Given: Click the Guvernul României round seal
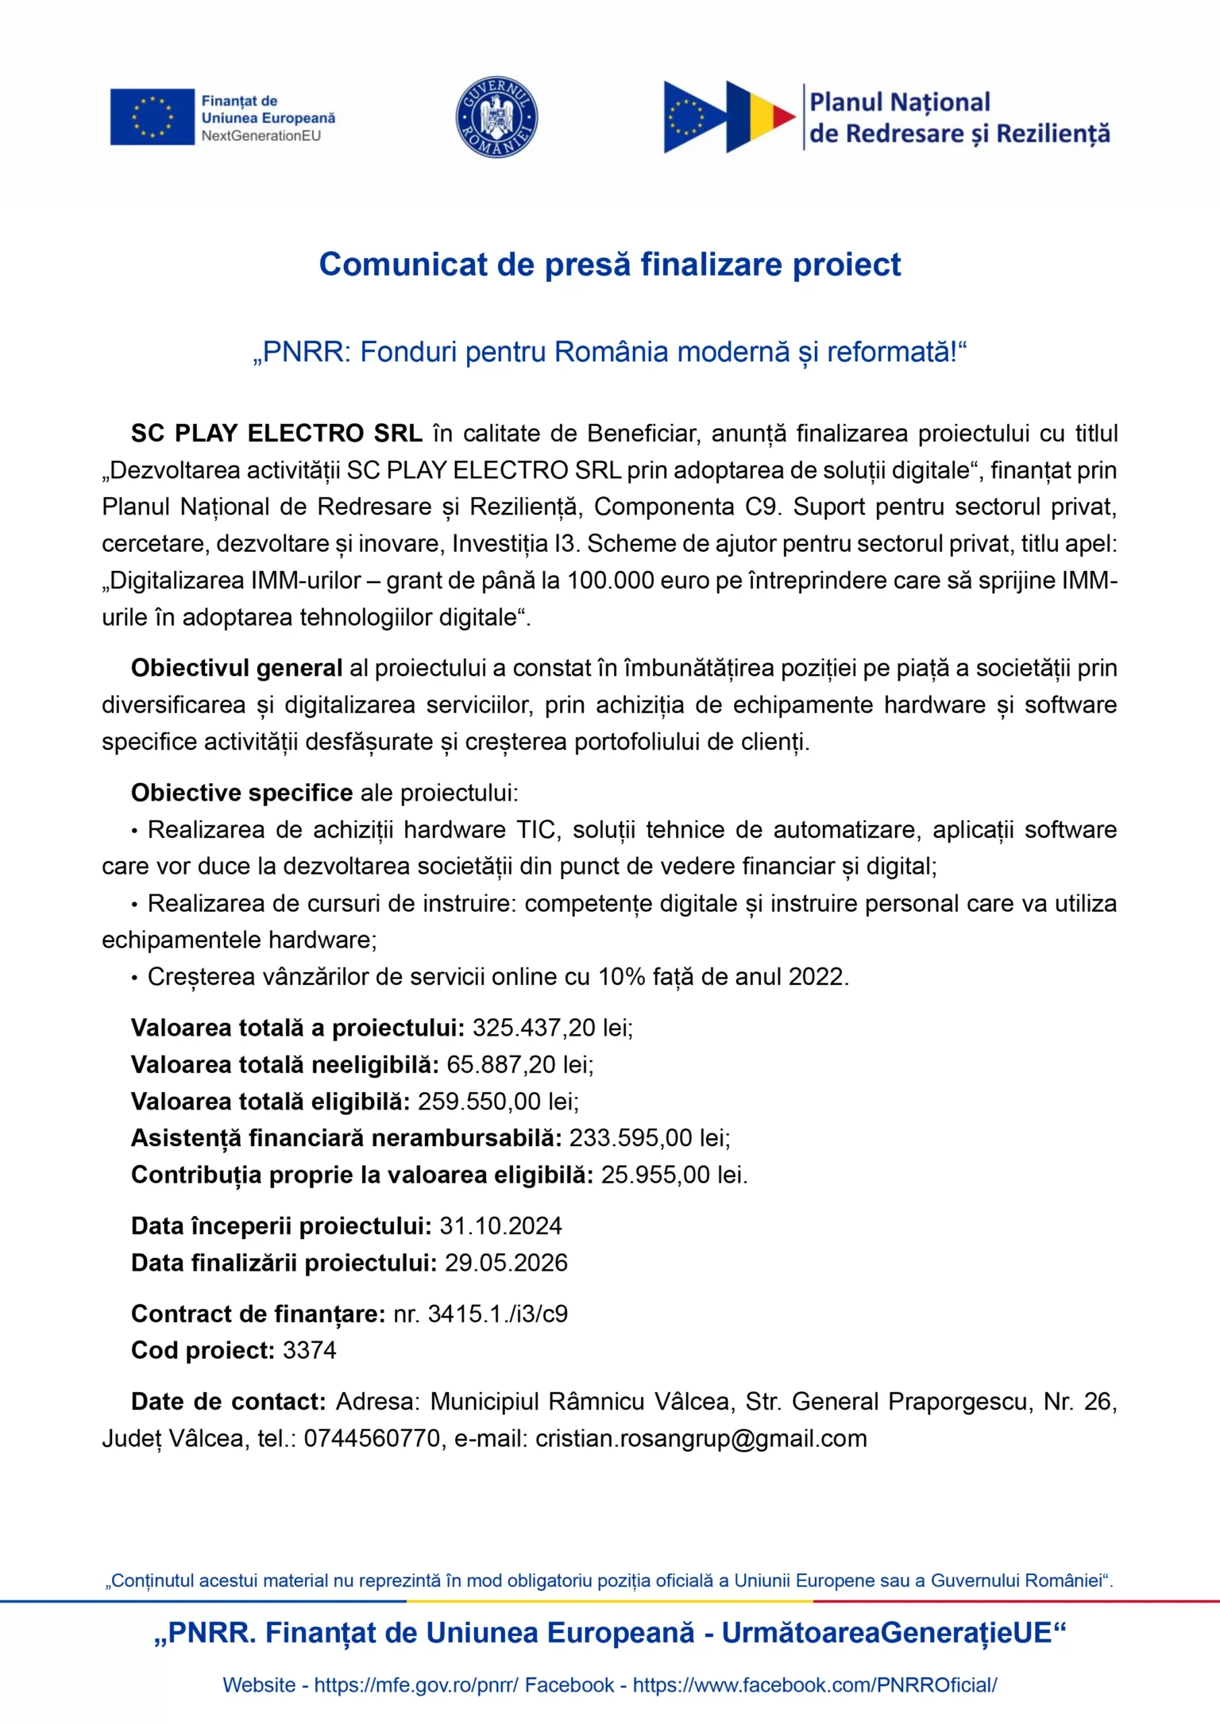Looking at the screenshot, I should (496, 118).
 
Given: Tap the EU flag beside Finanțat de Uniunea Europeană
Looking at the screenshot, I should (152, 117).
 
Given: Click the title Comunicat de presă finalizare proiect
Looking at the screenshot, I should (609, 264).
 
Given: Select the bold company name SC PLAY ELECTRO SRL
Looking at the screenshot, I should (276, 434).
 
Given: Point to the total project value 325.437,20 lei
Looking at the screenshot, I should (552, 1028).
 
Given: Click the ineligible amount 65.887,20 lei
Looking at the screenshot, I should (519, 1064).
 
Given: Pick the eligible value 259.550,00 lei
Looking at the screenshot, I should (498, 1102).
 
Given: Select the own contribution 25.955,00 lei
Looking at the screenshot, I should (674, 1175).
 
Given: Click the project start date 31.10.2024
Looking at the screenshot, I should (500, 1226).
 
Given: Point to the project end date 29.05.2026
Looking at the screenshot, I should (506, 1263).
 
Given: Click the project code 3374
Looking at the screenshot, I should (310, 1350).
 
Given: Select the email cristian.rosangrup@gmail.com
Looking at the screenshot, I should (701, 1438).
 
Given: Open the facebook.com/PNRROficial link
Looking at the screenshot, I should (814, 1685).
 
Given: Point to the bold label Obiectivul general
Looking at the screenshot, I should (237, 668).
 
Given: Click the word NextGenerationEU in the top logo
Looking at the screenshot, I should (261, 136).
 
